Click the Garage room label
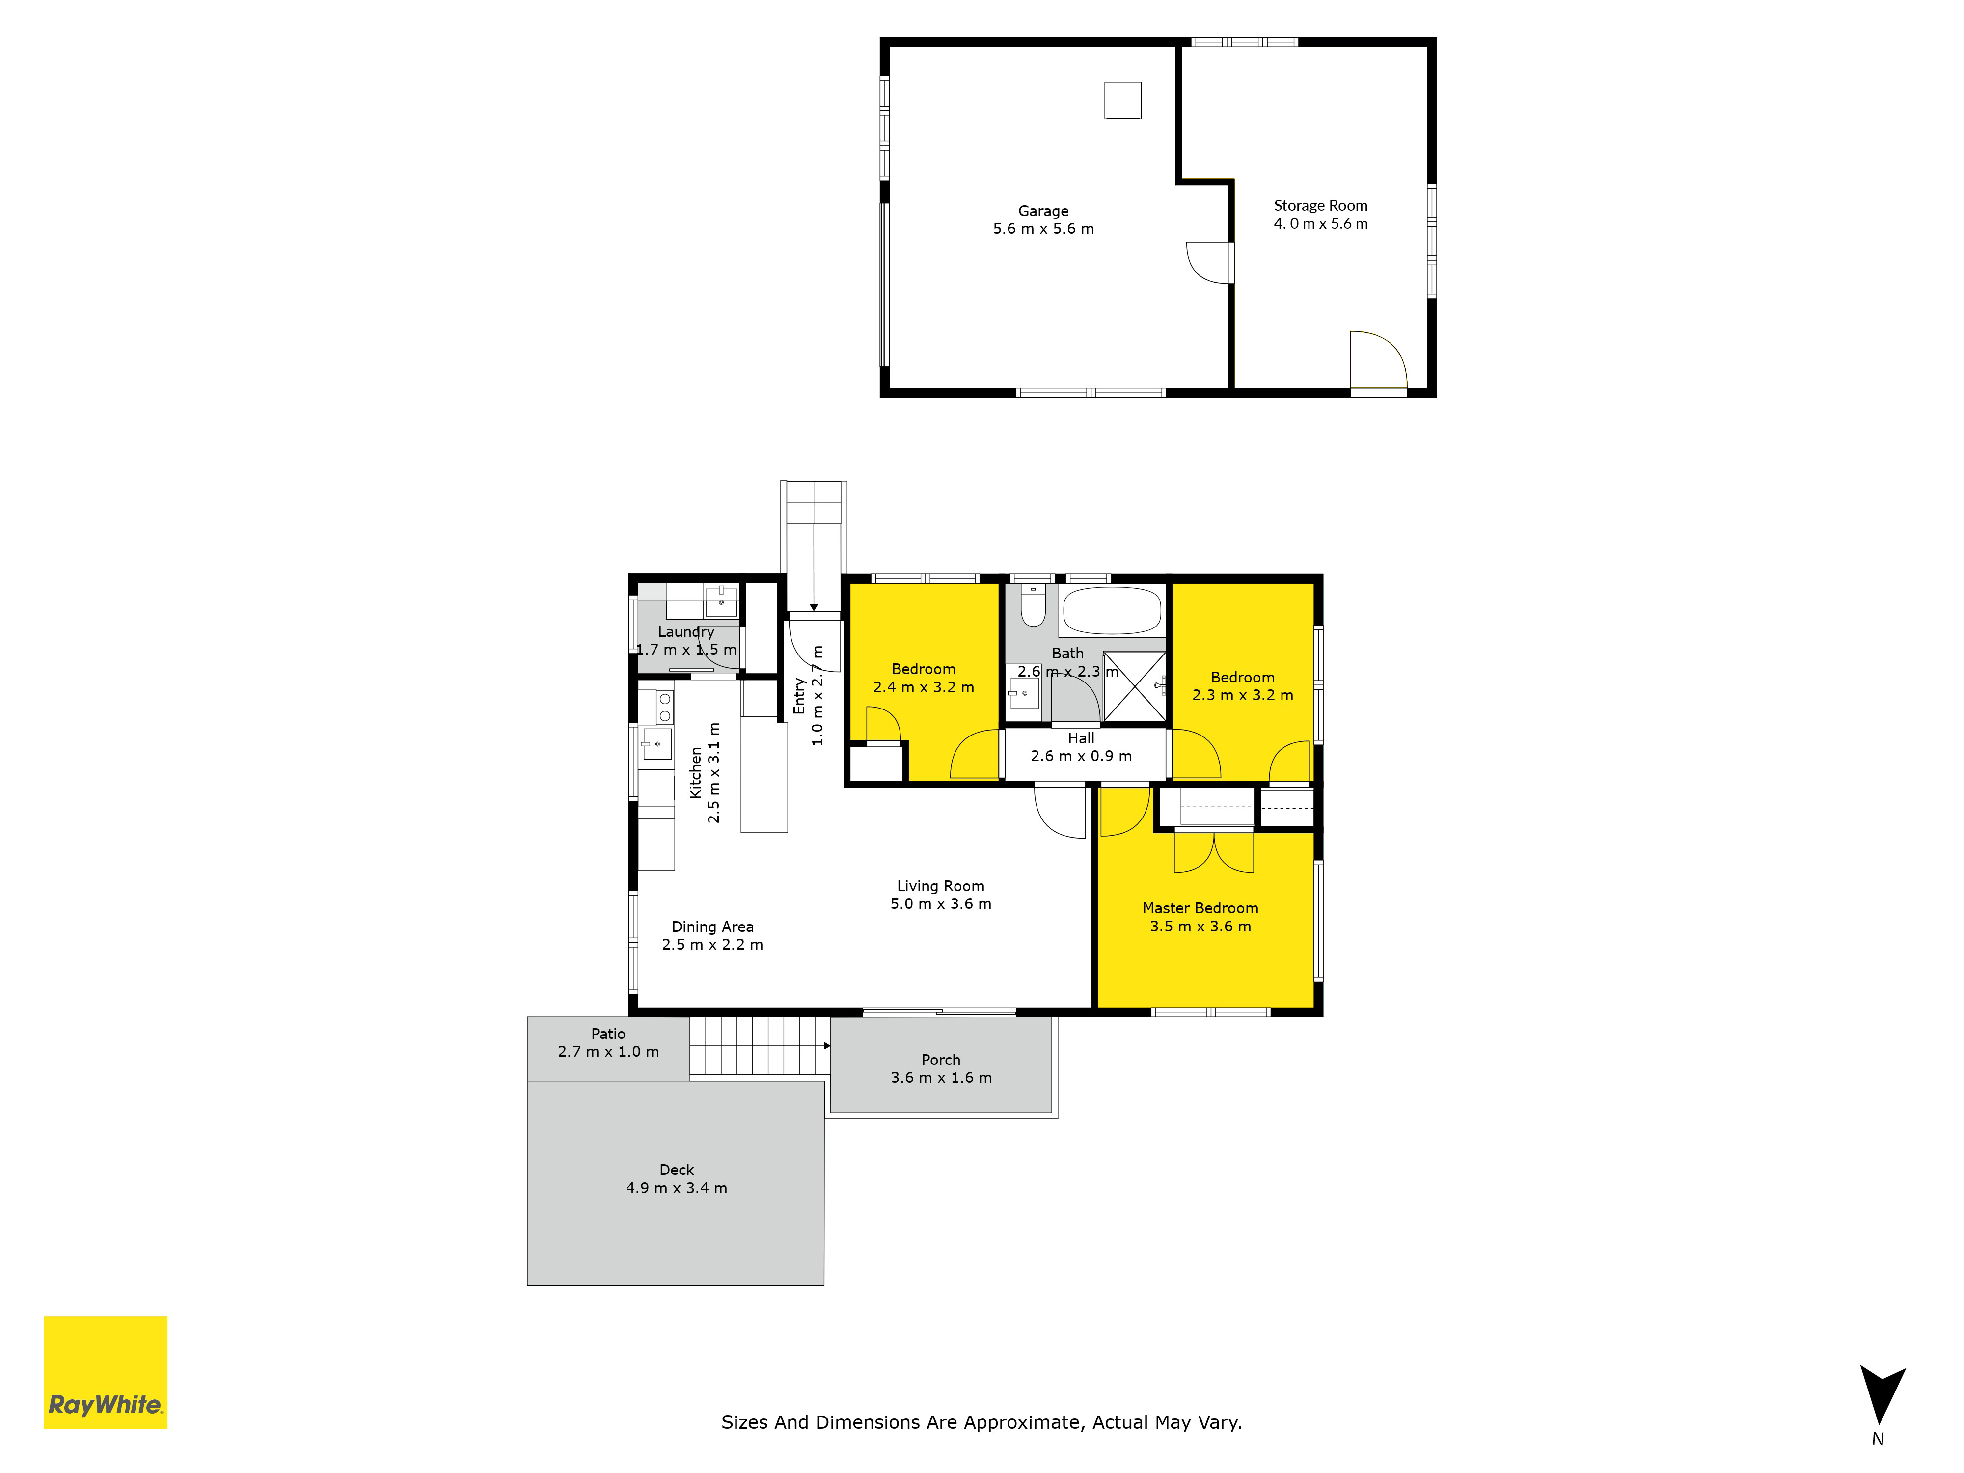pos(1043,211)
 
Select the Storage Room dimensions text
pos(1320,224)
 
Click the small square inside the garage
pos(1122,100)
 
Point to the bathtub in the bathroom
pos(1112,611)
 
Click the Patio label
pos(608,1034)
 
